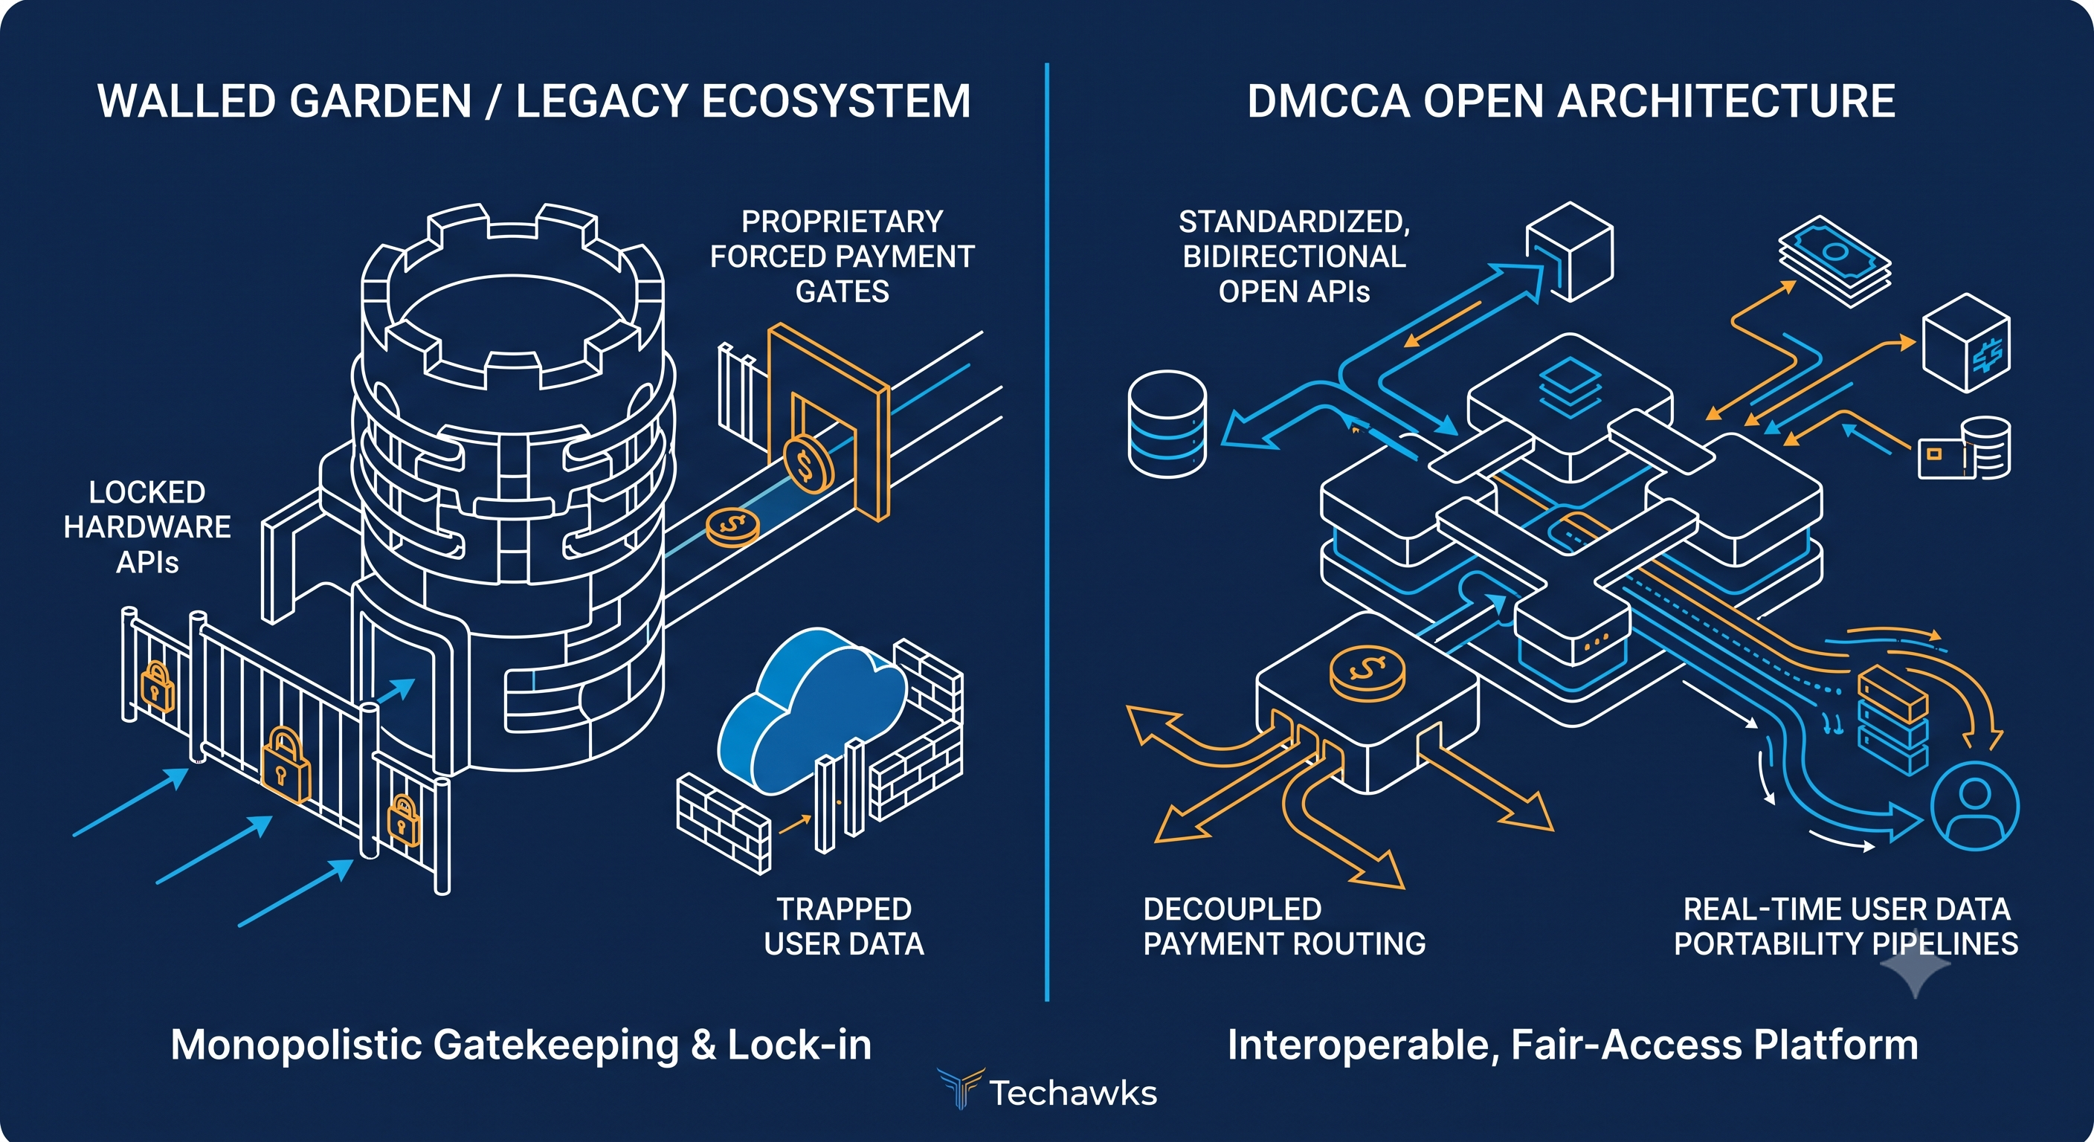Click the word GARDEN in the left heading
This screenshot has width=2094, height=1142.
coord(380,101)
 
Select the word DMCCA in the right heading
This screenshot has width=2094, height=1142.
coord(1328,101)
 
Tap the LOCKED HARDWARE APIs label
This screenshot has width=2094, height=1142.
coord(147,526)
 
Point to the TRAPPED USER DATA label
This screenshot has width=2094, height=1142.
coord(844,926)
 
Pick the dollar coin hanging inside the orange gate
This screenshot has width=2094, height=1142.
coord(808,464)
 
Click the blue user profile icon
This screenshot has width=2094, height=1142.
coord(1974,805)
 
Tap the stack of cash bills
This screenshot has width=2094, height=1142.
coord(1834,261)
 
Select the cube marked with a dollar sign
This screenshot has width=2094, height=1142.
coord(1966,342)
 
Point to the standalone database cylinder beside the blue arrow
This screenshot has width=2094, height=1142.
coord(1167,424)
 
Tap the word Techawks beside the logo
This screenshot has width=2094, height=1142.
coord(1073,1093)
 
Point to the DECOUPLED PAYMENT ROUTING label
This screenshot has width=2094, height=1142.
coord(1284,926)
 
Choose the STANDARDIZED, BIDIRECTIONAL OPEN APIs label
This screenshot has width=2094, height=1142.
coord(1294,256)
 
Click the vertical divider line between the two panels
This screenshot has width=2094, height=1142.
coord(1047,532)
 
